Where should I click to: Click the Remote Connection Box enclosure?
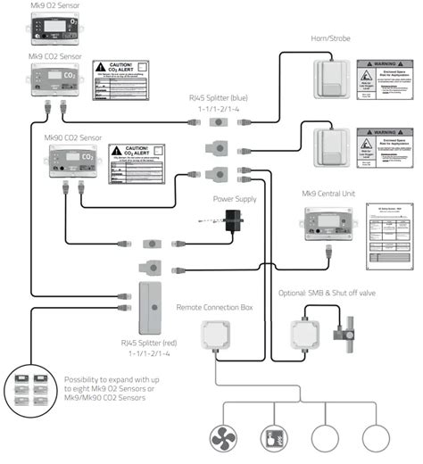pyautogui.click(x=216, y=338)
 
